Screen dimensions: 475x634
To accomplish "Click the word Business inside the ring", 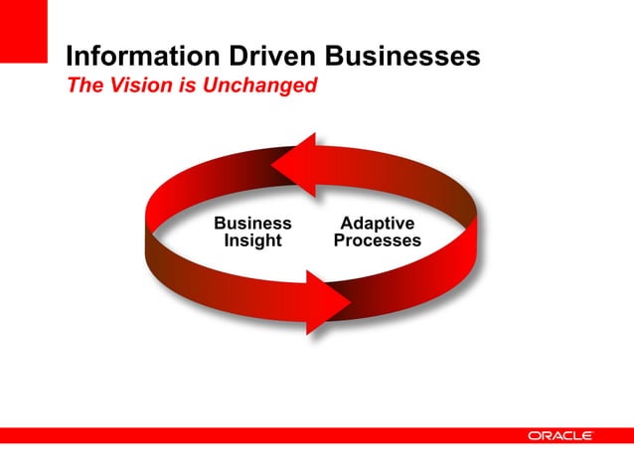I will tap(253, 224).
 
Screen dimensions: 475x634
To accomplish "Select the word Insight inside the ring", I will tap(252, 240).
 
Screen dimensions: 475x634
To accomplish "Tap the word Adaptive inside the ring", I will tap(377, 224).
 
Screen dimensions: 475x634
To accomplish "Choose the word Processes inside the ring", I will tap(377, 240).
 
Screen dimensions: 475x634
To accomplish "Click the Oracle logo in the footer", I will tap(560, 435).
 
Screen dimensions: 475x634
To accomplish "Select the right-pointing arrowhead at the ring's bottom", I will tap(329, 299).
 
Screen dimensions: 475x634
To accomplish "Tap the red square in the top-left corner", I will tap(23, 30).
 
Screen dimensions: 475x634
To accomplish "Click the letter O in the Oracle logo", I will tap(535, 435).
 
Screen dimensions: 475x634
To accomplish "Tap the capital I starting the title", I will tap(69, 57).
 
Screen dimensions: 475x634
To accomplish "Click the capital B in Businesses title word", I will tap(337, 57).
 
